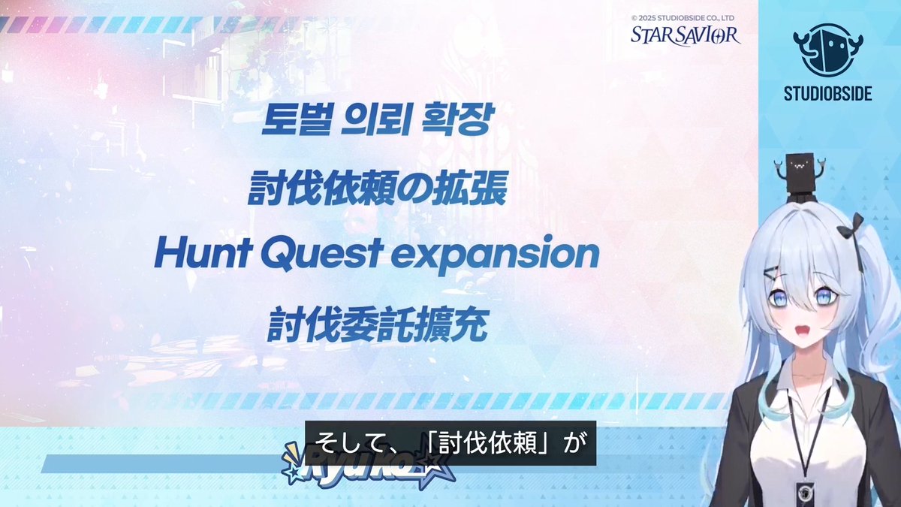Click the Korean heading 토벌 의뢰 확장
tap(375, 120)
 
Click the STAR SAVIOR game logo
tap(685, 35)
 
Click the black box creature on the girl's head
tap(798, 171)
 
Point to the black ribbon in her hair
tap(853, 228)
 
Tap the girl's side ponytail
tap(875, 315)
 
